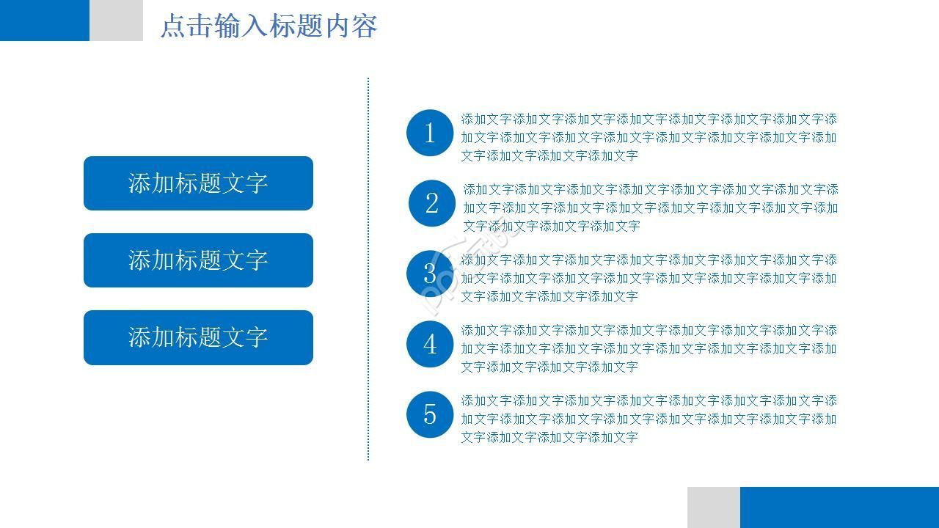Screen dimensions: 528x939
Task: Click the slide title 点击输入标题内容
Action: tap(268, 26)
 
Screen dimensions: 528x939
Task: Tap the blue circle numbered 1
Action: tap(430, 133)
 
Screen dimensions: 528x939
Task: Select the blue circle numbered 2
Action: tap(431, 203)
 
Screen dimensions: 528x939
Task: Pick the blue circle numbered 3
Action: tap(430, 274)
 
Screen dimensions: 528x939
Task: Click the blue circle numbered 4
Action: tap(430, 344)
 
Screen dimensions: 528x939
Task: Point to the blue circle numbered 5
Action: tap(430, 414)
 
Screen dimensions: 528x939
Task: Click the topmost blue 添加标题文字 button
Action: tap(198, 183)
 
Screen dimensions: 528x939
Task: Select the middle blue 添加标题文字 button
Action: tap(198, 260)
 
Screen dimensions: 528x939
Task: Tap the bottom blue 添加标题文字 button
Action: tap(198, 337)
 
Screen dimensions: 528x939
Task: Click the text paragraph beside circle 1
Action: tap(648, 137)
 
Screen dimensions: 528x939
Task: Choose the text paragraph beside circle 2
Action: tap(650, 208)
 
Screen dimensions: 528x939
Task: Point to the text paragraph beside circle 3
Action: tap(648, 278)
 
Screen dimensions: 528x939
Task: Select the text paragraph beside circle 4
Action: tap(648, 348)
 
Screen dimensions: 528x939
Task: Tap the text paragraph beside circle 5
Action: tap(648, 419)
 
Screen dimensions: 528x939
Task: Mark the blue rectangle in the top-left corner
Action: tap(44, 20)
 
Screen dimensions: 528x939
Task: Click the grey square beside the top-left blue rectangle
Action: tap(117, 20)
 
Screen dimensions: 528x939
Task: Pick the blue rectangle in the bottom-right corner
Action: tap(839, 507)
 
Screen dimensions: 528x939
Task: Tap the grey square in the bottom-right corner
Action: tap(714, 507)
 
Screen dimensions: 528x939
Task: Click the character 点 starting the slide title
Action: tap(173, 26)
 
